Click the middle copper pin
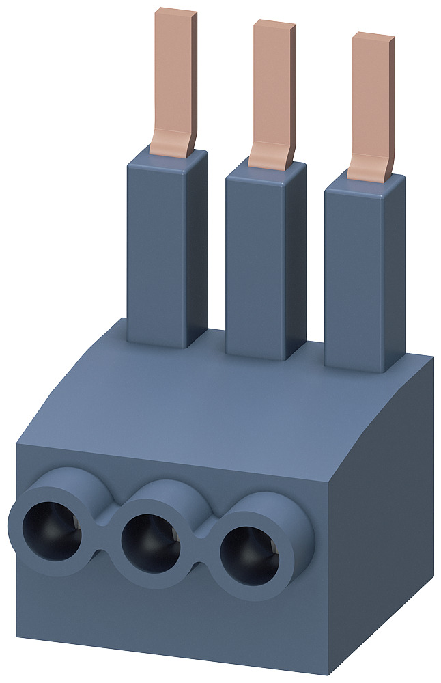point(272,85)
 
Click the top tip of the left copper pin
point(176,13)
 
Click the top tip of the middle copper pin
point(275,25)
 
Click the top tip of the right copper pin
point(374,38)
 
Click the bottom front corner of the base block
point(328,673)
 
